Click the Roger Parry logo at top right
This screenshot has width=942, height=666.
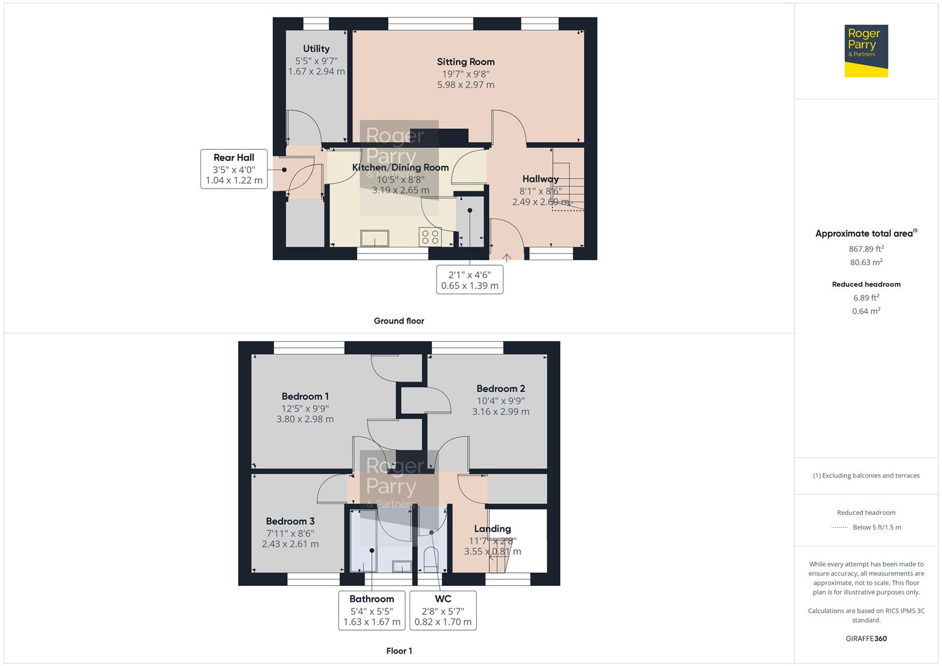[866, 51]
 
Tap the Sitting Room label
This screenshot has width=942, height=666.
[466, 62]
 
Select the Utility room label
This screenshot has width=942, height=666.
[316, 49]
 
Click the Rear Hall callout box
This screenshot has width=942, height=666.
[234, 169]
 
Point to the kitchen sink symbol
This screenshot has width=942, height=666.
[375, 238]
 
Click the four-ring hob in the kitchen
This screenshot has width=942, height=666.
[429, 237]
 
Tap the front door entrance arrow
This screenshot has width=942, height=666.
[507, 257]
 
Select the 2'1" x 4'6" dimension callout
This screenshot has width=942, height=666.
[469, 280]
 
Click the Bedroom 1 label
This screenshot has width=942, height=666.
[305, 397]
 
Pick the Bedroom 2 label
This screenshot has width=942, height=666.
[500, 388]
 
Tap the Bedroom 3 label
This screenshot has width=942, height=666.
[290, 521]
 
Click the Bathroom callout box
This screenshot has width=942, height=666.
[371, 610]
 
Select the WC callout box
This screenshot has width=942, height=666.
[443, 610]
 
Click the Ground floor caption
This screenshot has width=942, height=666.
[399, 321]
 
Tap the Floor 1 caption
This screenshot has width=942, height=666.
[399, 651]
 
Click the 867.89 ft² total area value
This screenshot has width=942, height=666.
[866, 249]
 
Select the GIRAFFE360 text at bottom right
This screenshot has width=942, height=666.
[866, 638]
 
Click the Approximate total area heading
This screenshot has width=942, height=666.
[865, 234]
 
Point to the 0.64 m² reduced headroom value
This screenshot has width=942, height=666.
[866, 311]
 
